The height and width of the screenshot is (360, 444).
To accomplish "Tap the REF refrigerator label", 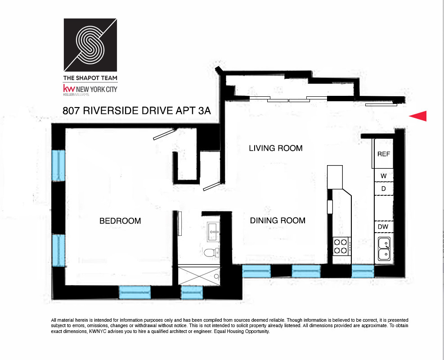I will (383, 154).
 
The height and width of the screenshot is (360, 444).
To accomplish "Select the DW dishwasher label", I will (383, 227).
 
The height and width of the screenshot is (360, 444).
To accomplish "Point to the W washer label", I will (383, 175).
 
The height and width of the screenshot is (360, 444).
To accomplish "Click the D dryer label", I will (383, 189).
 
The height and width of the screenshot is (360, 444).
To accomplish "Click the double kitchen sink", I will (384, 249).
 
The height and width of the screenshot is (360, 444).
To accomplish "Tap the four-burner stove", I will (340, 246).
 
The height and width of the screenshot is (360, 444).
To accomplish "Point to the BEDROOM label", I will (120, 221).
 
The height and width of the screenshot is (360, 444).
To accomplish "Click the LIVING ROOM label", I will (275, 148).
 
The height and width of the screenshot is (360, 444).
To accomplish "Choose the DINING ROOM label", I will (278, 220).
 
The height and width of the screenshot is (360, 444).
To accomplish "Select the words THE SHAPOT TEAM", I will (90, 78).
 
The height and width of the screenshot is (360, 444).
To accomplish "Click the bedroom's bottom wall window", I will (135, 292).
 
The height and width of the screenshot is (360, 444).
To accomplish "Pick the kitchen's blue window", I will (363, 271).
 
